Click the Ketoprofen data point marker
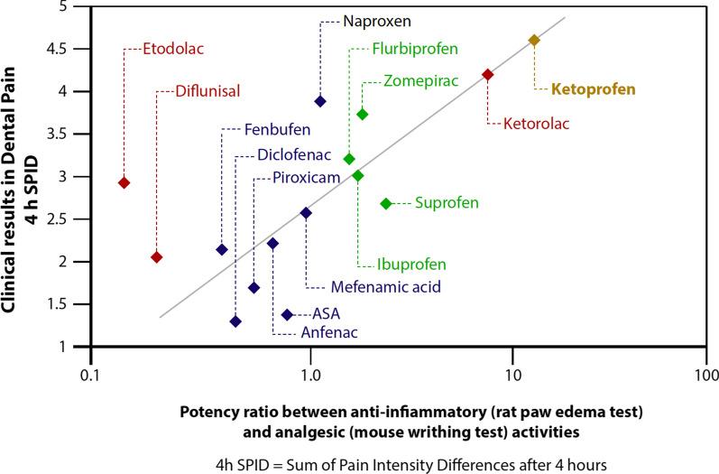pyautogui.click(x=533, y=41)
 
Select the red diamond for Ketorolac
pyautogui.click(x=488, y=75)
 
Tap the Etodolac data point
pyautogui.click(x=124, y=183)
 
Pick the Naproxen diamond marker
pyautogui.click(x=320, y=101)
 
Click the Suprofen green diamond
pyautogui.click(x=386, y=204)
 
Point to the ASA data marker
pyautogui.click(x=287, y=314)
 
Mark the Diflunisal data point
pyautogui.click(x=156, y=257)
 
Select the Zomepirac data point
pyautogui.click(x=363, y=115)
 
